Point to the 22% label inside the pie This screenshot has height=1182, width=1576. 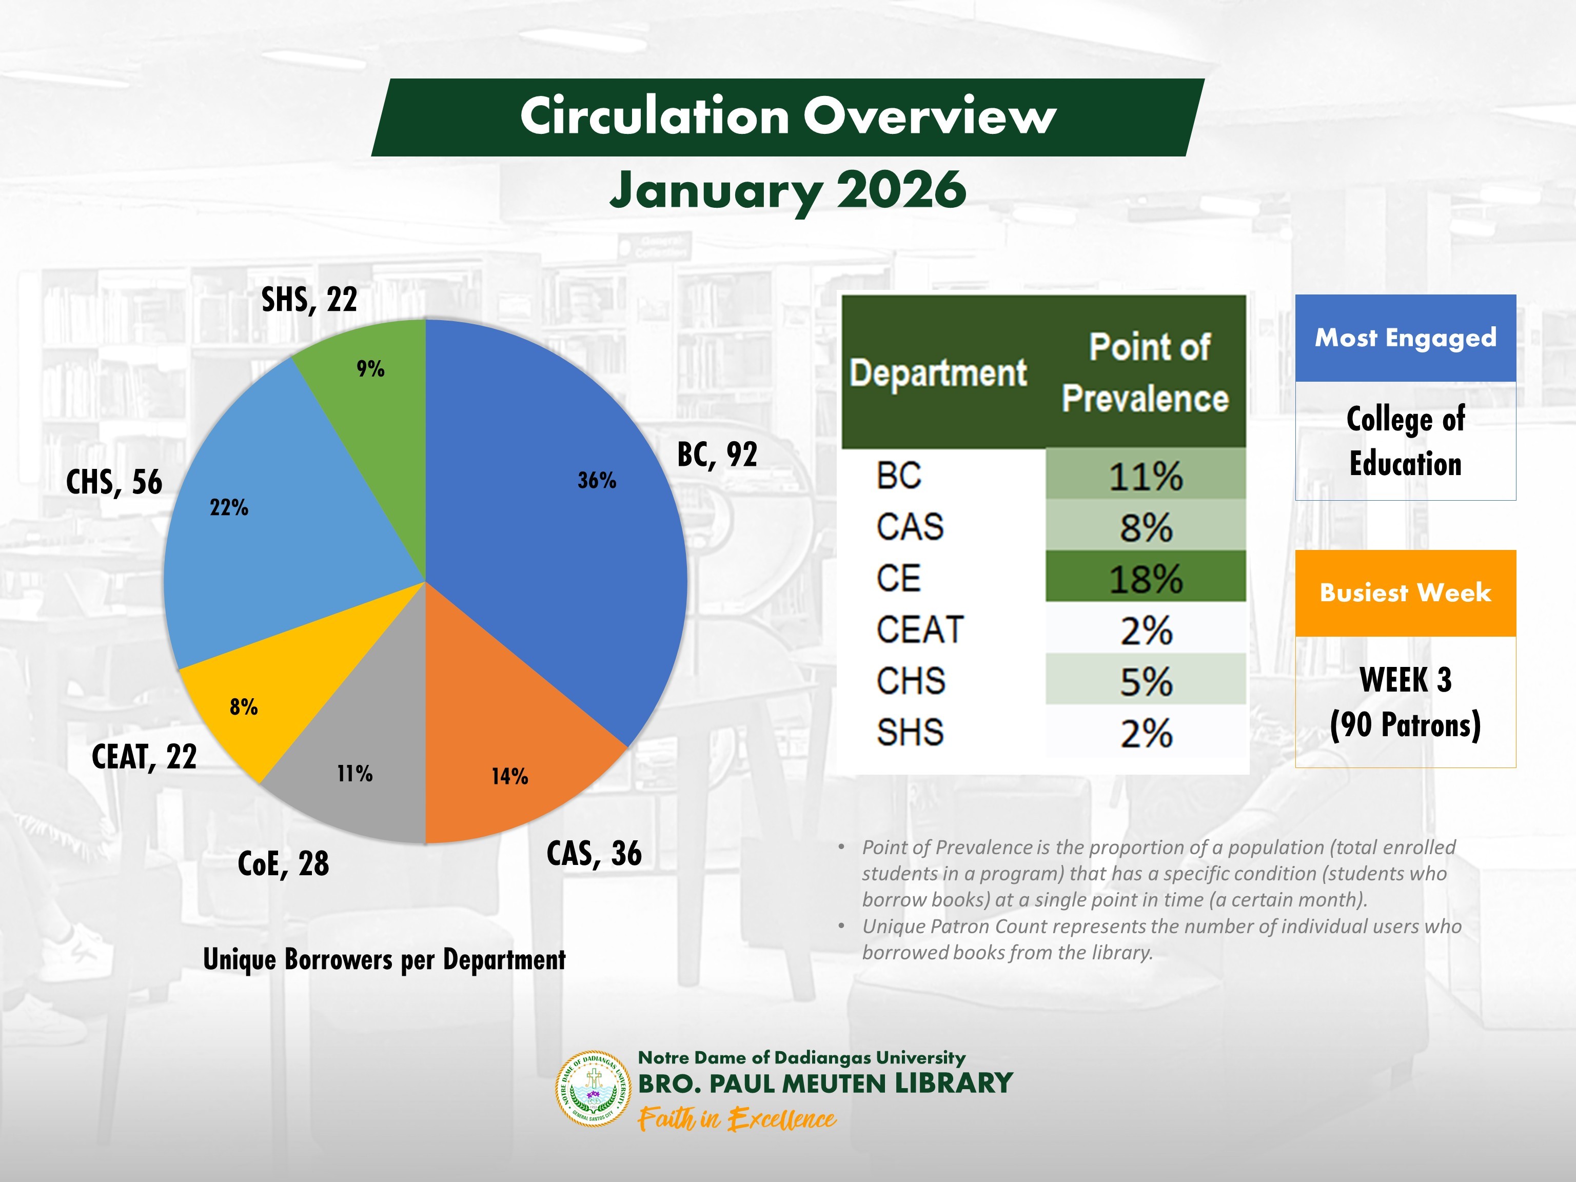229,508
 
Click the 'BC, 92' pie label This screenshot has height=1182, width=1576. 717,455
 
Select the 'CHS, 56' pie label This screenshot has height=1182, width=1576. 114,482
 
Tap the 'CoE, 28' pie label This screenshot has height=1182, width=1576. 283,863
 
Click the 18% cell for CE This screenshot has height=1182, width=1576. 1145,577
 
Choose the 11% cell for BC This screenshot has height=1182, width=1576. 1145,475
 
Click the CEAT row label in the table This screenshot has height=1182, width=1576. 920,630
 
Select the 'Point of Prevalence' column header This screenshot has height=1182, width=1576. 1146,372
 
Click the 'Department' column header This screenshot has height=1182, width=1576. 938,372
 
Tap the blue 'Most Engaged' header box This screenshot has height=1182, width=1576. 1405,338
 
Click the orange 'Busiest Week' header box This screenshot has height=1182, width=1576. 1405,593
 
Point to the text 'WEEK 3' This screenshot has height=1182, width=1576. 1405,680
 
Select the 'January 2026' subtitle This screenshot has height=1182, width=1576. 788,190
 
